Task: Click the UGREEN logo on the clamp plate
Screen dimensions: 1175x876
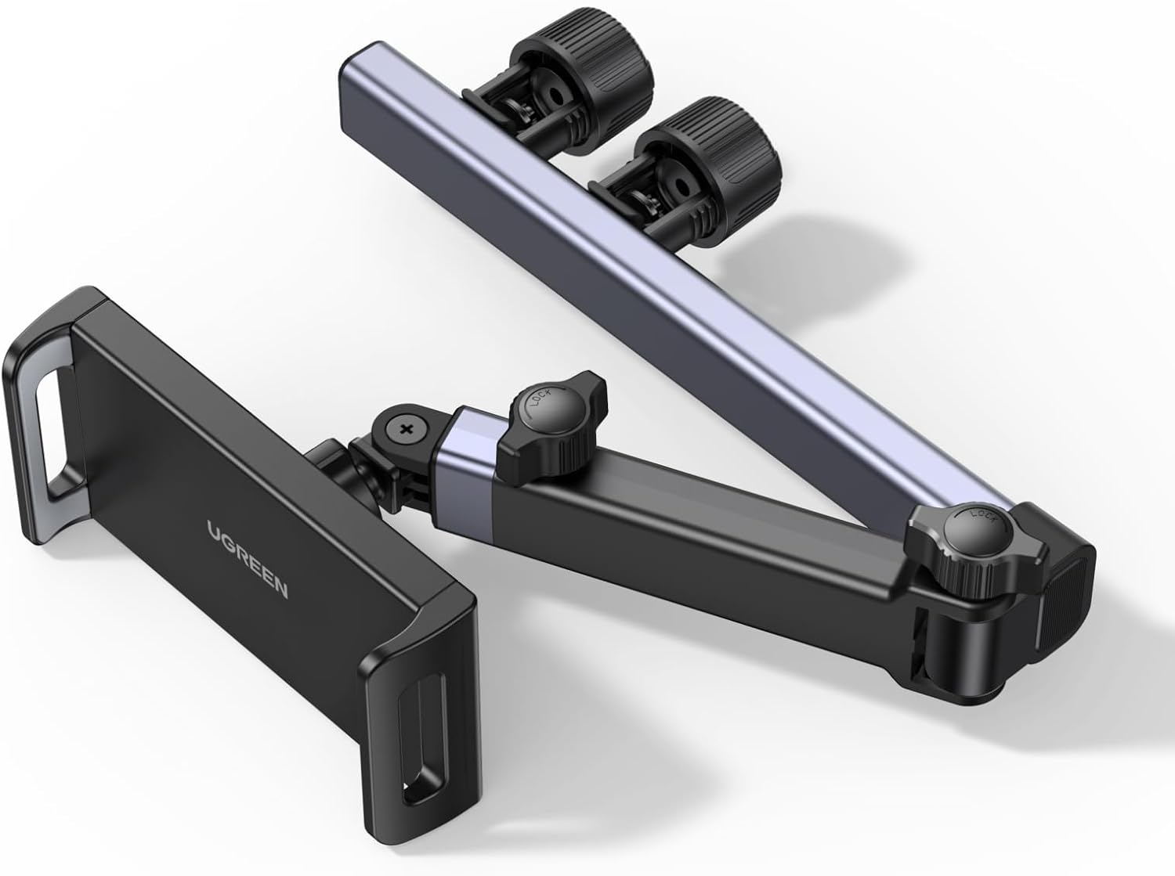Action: [248, 559]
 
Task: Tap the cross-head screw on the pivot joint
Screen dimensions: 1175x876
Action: [407, 429]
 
